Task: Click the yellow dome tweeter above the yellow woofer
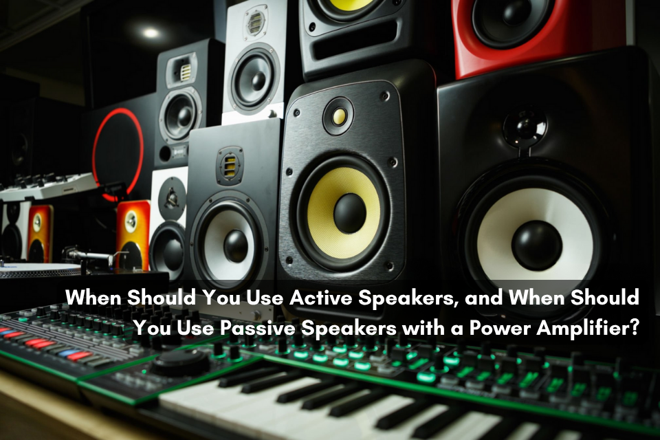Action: [x=338, y=115]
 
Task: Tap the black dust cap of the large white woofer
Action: [x=536, y=245]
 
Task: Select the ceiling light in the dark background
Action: [x=151, y=32]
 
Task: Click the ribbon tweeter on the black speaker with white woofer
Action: [x=230, y=165]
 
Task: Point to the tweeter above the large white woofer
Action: [x=523, y=127]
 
